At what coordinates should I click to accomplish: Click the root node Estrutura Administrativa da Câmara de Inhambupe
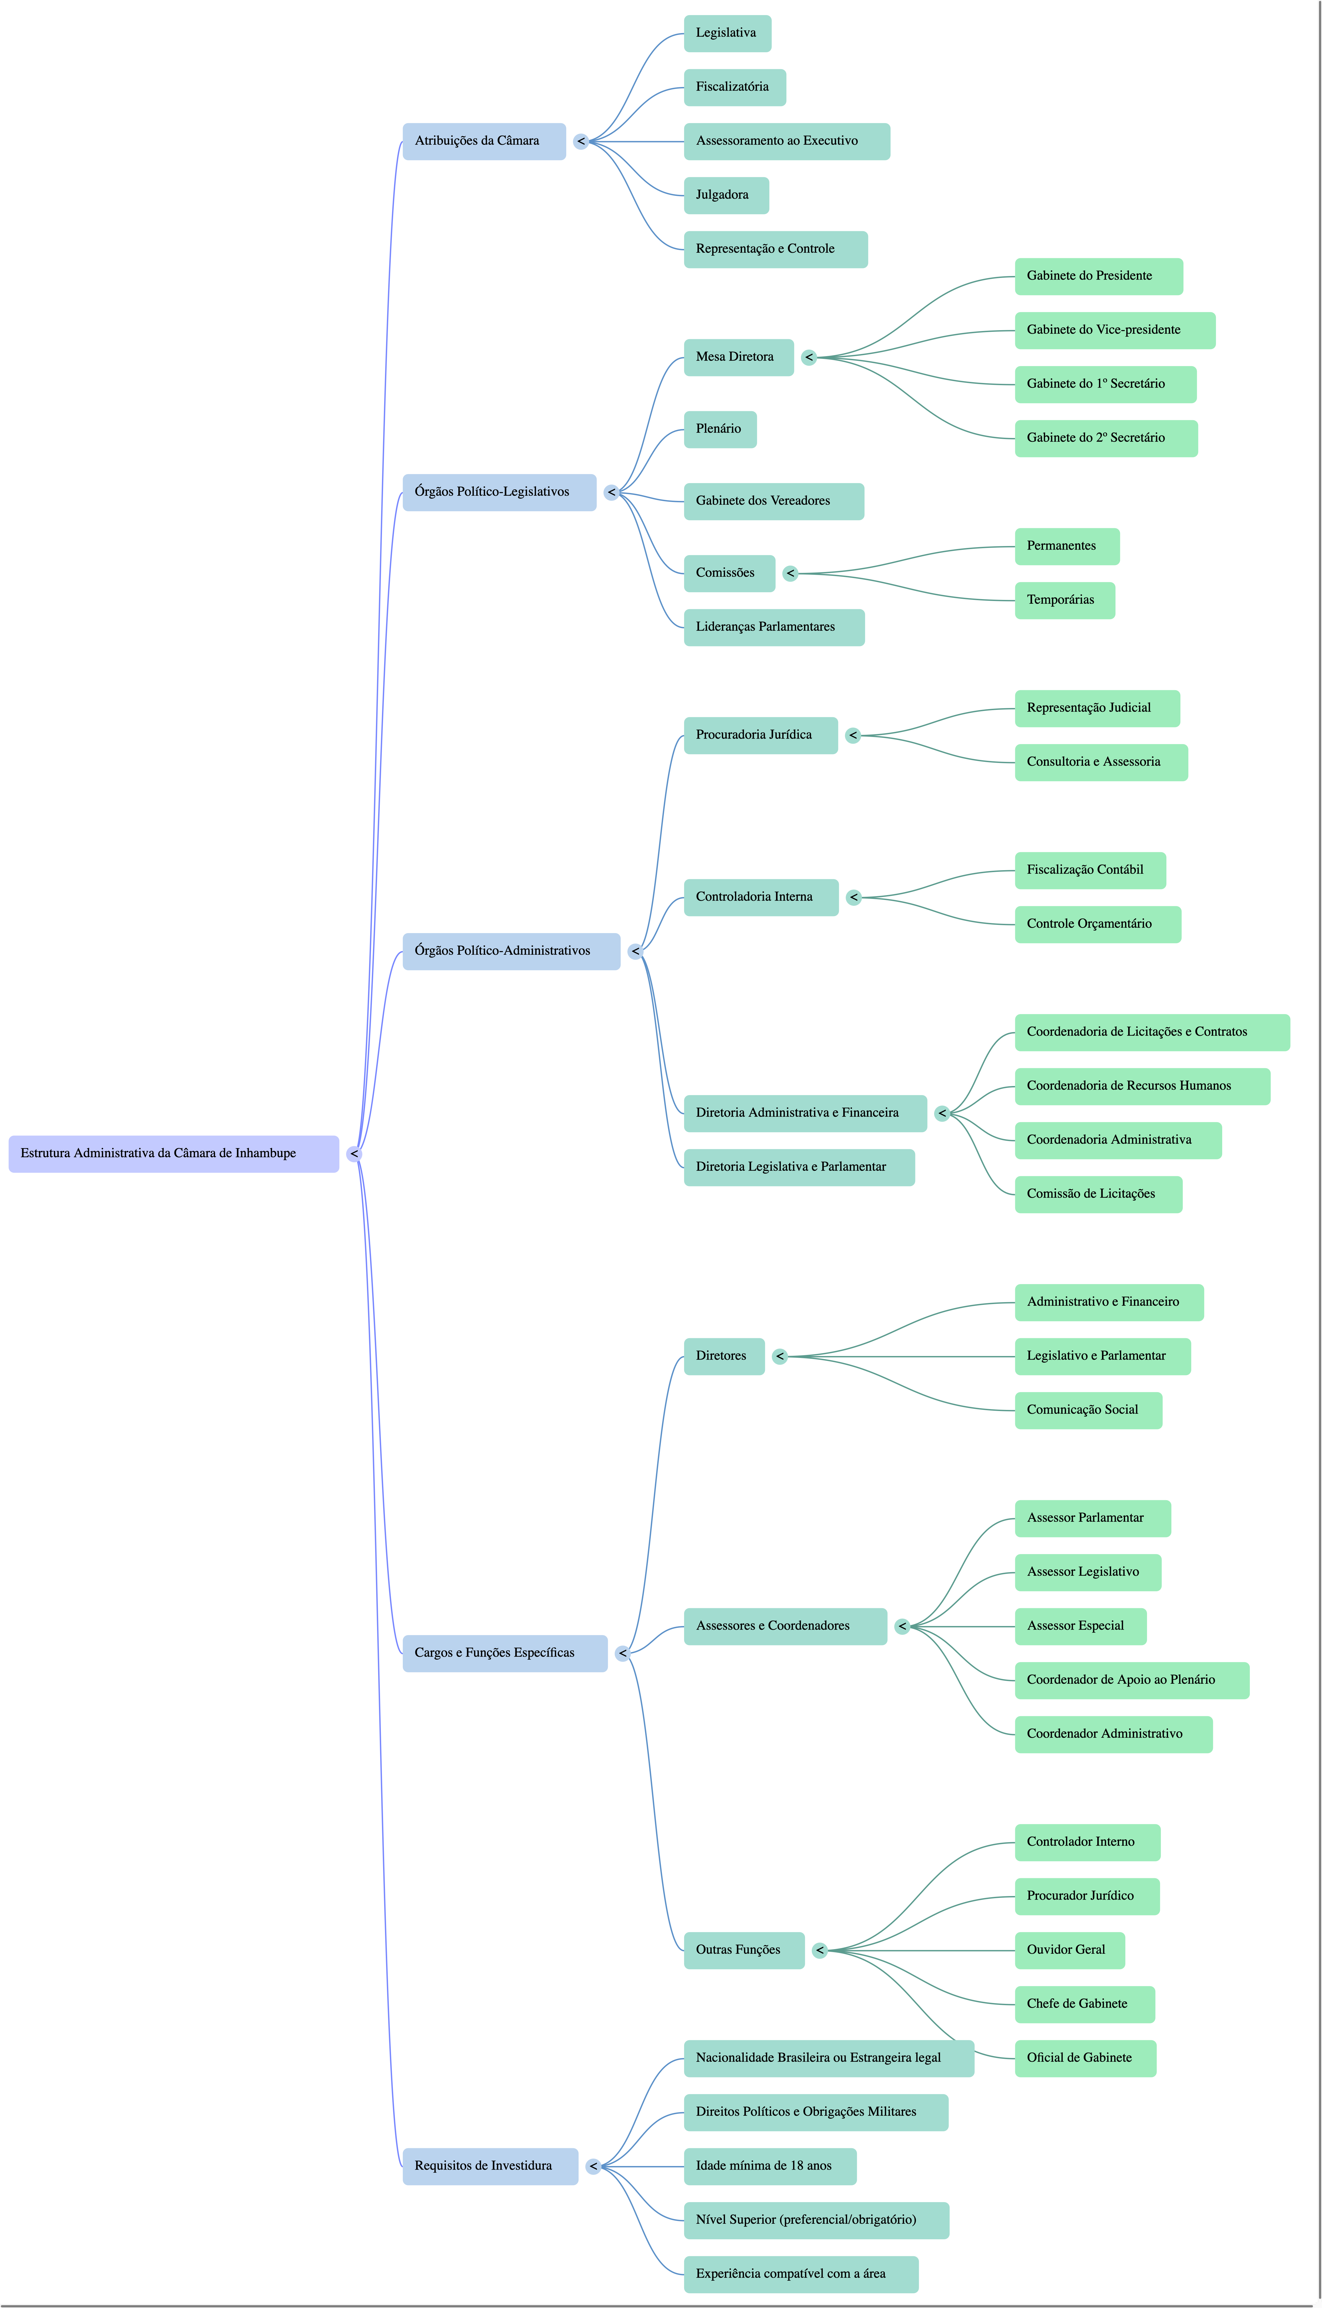pos(173,1154)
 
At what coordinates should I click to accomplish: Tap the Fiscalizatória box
pos(734,87)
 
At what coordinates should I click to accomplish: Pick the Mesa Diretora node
pos(738,357)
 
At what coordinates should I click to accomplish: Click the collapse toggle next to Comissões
pos(790,573)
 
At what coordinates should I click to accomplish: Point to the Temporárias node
pos(1064,600)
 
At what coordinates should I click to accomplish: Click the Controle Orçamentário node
pos(1098,925)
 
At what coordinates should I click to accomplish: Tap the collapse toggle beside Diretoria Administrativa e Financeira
pos(942,1114)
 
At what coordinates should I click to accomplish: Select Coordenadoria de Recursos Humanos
pos(1142,1086)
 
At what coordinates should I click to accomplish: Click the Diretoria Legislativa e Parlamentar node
pos(799,1167)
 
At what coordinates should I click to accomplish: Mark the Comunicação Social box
pos(1088,1410)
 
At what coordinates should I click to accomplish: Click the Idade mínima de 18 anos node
pos(770,2166)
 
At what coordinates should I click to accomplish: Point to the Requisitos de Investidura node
pos(490,2166)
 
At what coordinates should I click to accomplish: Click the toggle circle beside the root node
pos(354,1154)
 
